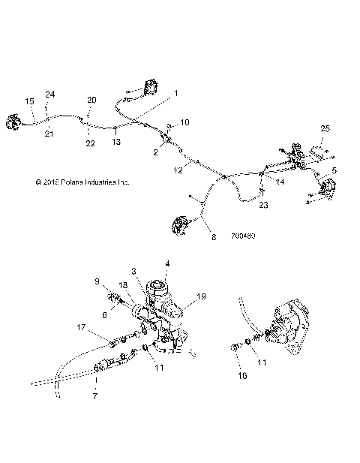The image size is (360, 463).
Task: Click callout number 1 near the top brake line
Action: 176,93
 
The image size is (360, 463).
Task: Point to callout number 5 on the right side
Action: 334,171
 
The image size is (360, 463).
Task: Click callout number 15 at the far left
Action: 30,101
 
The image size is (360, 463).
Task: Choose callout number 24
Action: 50,94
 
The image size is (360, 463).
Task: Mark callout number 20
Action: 91,100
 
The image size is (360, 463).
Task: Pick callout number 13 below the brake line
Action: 116,140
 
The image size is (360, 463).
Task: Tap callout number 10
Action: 185,122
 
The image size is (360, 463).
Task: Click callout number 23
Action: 263,204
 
